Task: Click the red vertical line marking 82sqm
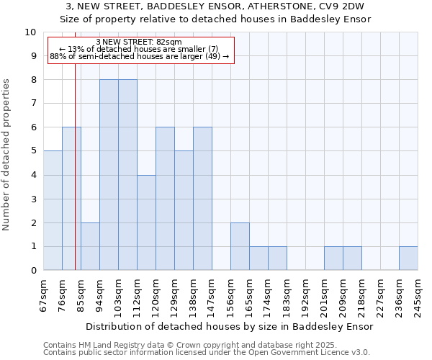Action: coord(75,180)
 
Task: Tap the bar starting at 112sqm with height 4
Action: coord(146,222)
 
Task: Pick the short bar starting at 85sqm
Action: coord(90,246)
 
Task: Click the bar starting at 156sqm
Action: coord(240,246)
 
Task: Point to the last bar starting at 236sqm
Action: coord(408,258)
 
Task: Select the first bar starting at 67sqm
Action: coord(53,210)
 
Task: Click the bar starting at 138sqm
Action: coord(202,199)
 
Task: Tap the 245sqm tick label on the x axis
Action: coord(418,295)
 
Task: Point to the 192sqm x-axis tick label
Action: coord(305,295)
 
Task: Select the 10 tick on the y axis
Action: coord(31,32)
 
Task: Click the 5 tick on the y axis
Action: coord(34,151)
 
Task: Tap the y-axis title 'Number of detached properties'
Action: coord(7,155)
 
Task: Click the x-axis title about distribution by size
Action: coord(230,326)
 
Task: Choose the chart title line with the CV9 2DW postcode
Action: coord(216,6)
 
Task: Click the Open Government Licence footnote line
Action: coord(207,352)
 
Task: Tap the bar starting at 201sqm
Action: coord(333,258)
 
